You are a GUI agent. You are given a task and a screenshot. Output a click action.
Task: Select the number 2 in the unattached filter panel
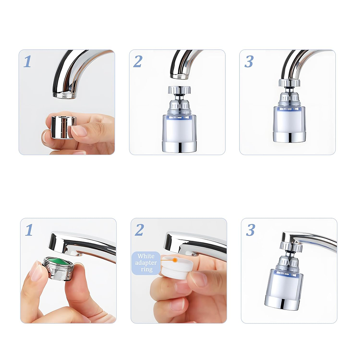(138, 62)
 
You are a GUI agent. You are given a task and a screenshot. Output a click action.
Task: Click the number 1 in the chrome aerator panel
(27, 62)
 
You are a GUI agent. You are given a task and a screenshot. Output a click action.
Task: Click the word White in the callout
(146, 256)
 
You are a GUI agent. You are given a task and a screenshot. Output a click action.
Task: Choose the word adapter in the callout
(146, 263)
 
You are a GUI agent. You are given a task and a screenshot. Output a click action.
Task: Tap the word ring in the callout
(146, 269)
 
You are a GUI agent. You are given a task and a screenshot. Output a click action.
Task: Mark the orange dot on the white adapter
(175, 259)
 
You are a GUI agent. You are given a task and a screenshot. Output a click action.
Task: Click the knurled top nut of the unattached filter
(177, 90)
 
